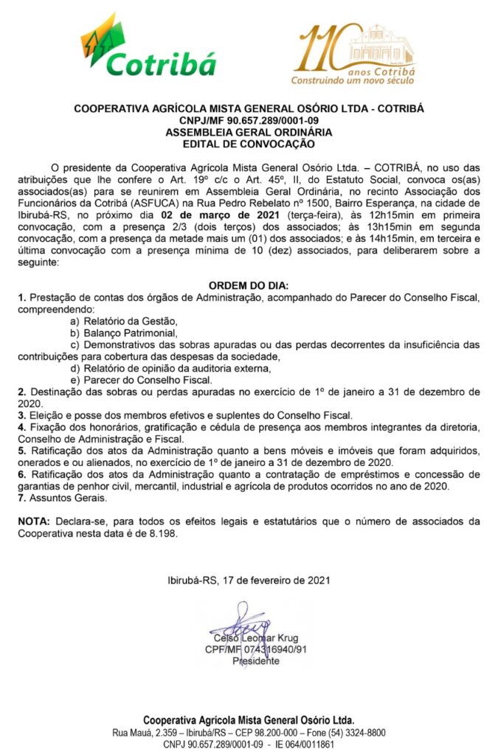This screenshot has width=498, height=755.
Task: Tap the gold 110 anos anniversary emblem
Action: click(352, 54)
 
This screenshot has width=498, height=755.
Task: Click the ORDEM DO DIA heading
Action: click(249, 285)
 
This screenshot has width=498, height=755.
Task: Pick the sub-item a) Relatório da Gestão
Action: click(124, 321)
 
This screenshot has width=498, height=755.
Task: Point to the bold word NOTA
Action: click(34, 521)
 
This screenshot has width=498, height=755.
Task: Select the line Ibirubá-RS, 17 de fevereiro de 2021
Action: click(249, 580)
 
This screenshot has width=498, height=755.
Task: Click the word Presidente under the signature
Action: click(256, 661)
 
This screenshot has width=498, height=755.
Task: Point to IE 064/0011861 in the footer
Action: click(305, 744)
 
